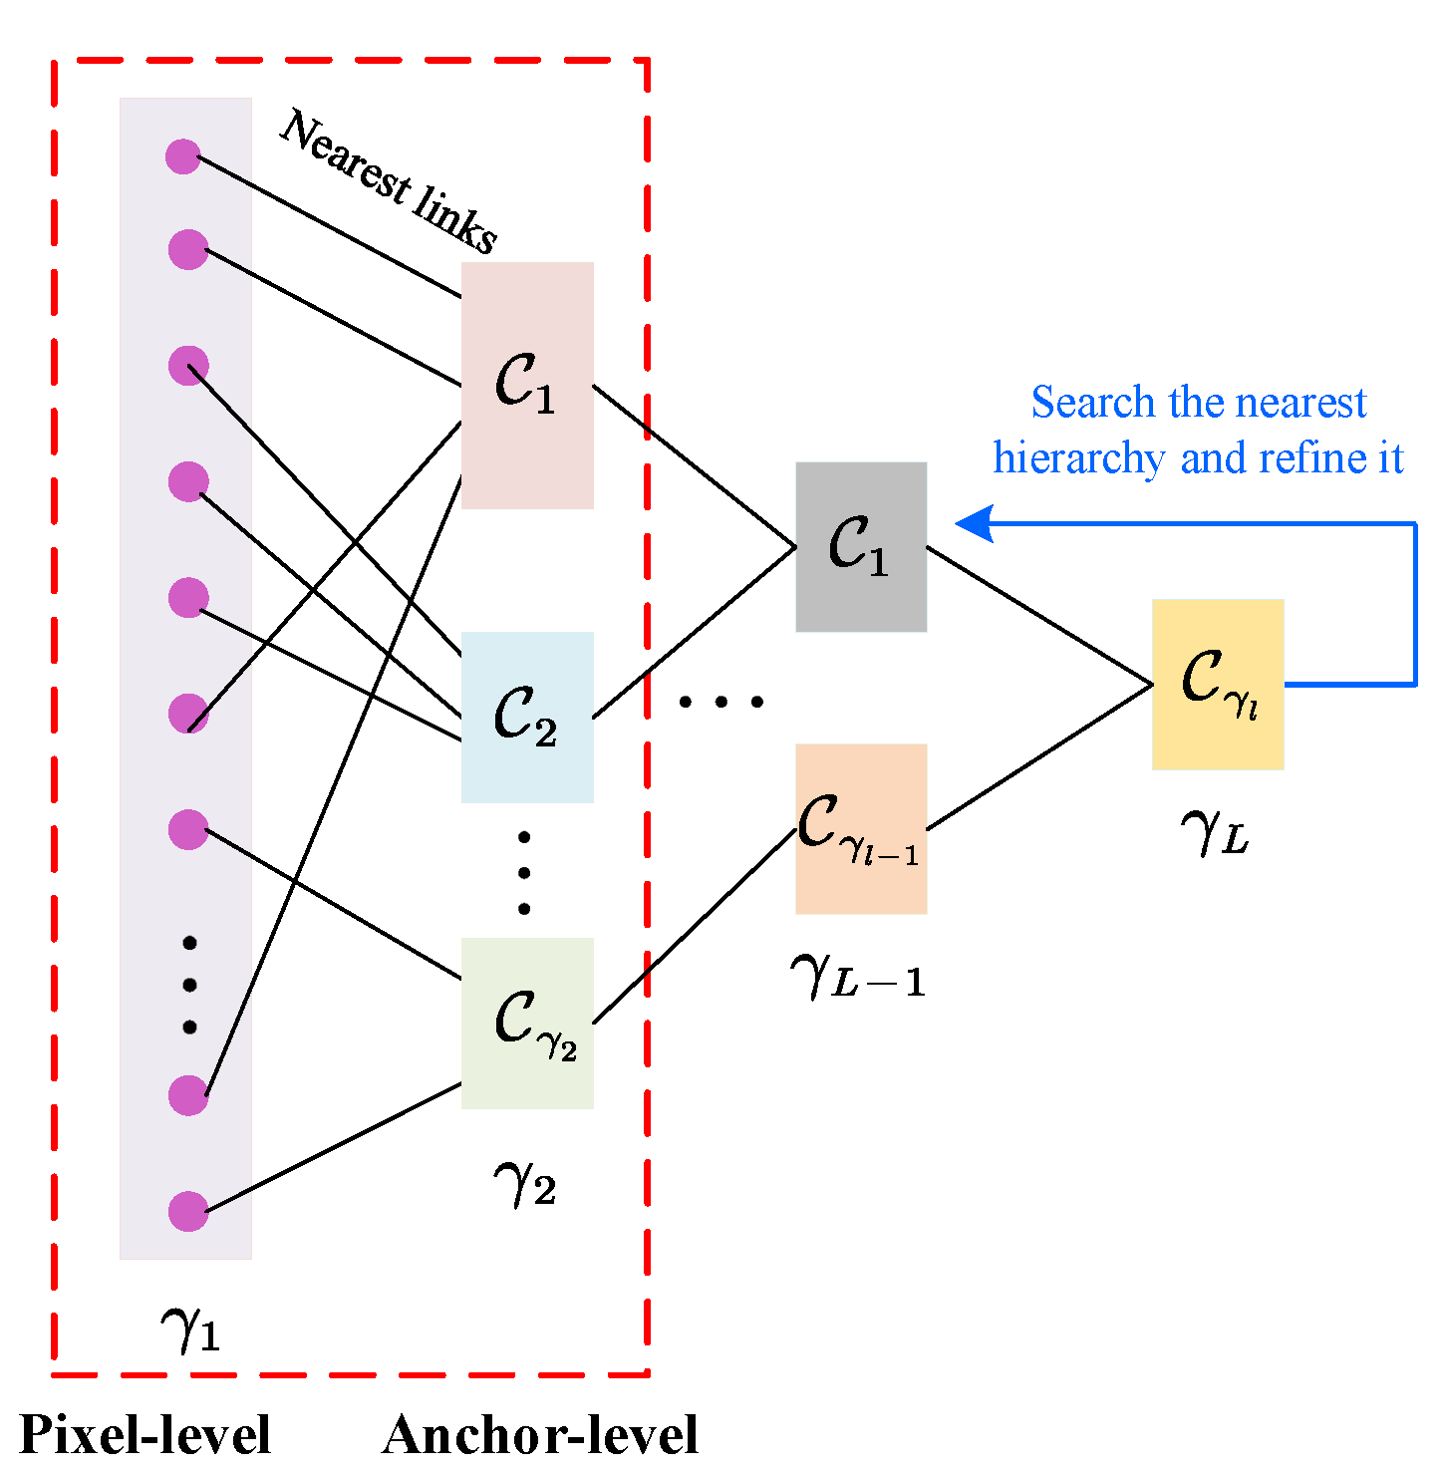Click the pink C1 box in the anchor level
click(x=527, y=385)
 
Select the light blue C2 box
click(x=527, y=717)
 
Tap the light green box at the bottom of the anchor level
click(x=527, y=1023)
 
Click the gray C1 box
click(x=861, y=546)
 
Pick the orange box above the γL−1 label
click(x=861, y=828)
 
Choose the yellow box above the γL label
click(x=1217, y=684)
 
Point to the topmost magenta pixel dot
click(x=183, y=156)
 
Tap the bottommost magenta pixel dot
click(x=187, y=1211)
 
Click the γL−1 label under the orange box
click(x=857, y=974)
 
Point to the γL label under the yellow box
click(x=1214, y=831)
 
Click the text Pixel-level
click(x=145, y=1436)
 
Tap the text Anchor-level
click(x=539, y=1436)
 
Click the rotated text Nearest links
click(x=389, y=181)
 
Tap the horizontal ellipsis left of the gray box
click(x=721, y=702)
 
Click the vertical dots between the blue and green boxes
click(x=524, y=872)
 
